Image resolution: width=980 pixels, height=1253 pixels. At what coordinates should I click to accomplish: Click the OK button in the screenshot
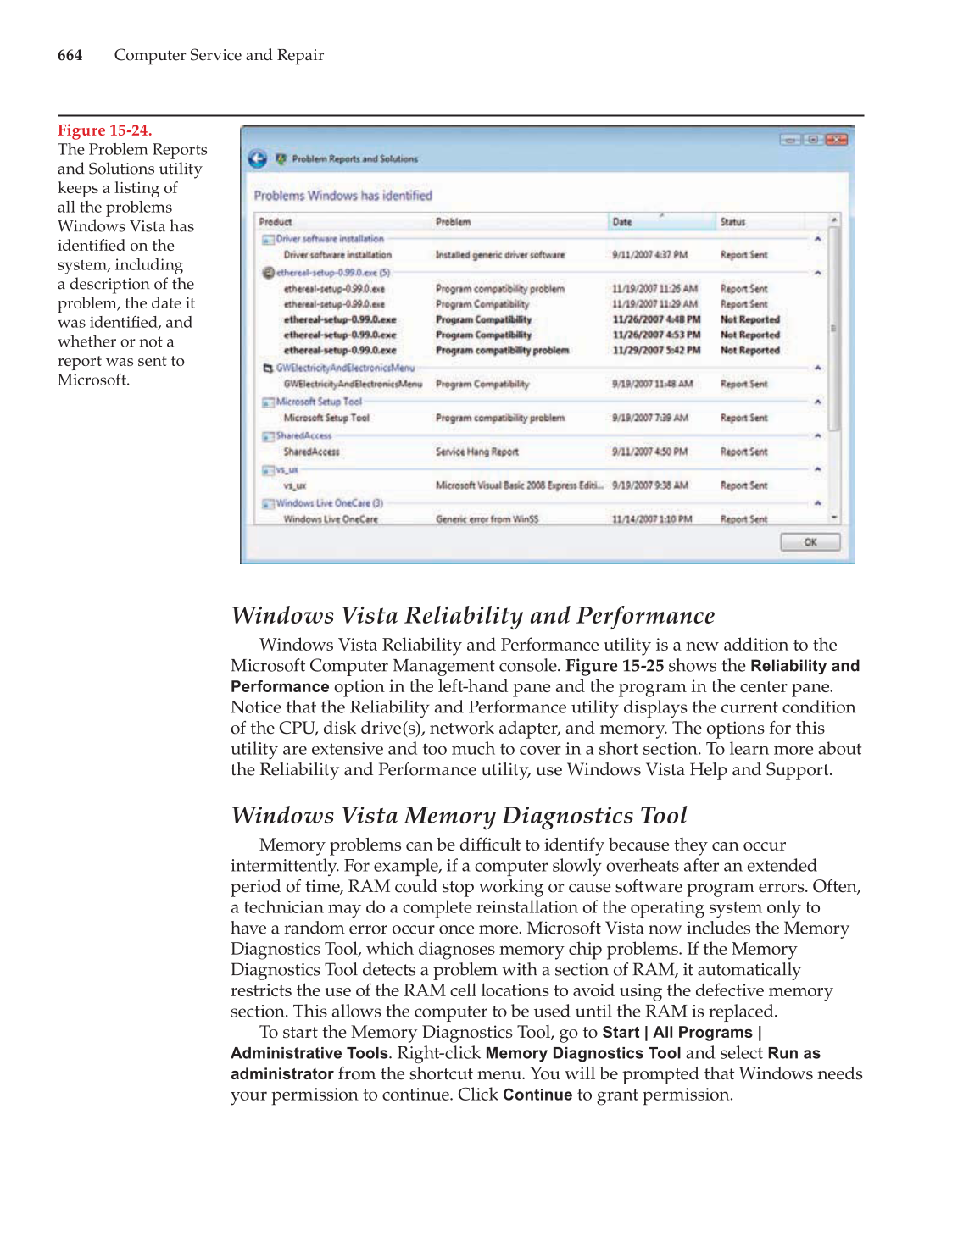(x=810, y=542)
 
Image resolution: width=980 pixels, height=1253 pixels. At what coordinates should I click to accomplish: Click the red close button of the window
(x=837, y=140)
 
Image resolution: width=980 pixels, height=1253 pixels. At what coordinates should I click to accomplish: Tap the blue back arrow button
(x=258, y=158)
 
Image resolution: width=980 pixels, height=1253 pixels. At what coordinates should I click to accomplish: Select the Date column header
(x=622, y=222)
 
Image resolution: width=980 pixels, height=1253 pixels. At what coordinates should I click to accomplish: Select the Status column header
(x=732, y=222)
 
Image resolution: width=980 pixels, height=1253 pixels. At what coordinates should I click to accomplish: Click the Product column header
(x=276, y=222)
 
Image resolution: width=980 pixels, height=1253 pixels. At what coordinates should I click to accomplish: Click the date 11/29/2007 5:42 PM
(x=656, y=350)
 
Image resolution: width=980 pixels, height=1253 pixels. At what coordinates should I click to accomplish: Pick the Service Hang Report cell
(x=476, y=452)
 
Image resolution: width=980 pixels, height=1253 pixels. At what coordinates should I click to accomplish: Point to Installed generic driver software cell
(x=499, y=255)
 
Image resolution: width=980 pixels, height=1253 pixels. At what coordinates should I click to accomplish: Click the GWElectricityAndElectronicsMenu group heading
(x=344, y=368)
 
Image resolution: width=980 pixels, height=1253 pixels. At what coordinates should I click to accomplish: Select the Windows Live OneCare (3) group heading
(x=329, y=503)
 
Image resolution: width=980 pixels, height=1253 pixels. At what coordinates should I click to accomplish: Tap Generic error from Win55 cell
(x=487, y=519)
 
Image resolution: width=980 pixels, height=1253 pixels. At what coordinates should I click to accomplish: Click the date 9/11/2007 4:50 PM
(x=649, y=452)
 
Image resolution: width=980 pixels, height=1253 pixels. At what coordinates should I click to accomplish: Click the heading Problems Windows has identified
(x=342, y=196)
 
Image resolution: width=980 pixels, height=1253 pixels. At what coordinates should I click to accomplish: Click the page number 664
(x=70, y=56)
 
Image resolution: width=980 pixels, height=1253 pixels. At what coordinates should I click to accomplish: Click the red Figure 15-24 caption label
(x=104, y=130)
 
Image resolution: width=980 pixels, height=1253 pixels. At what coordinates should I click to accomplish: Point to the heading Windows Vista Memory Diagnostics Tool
(x=459, y=816)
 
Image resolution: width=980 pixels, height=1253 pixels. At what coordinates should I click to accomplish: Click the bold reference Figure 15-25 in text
(x=615, y=666)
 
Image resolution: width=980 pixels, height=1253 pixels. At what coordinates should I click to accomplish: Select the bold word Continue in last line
(x=537, y=1095)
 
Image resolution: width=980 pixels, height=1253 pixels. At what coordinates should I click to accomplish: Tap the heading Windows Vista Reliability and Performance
(x=473, y=616)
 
